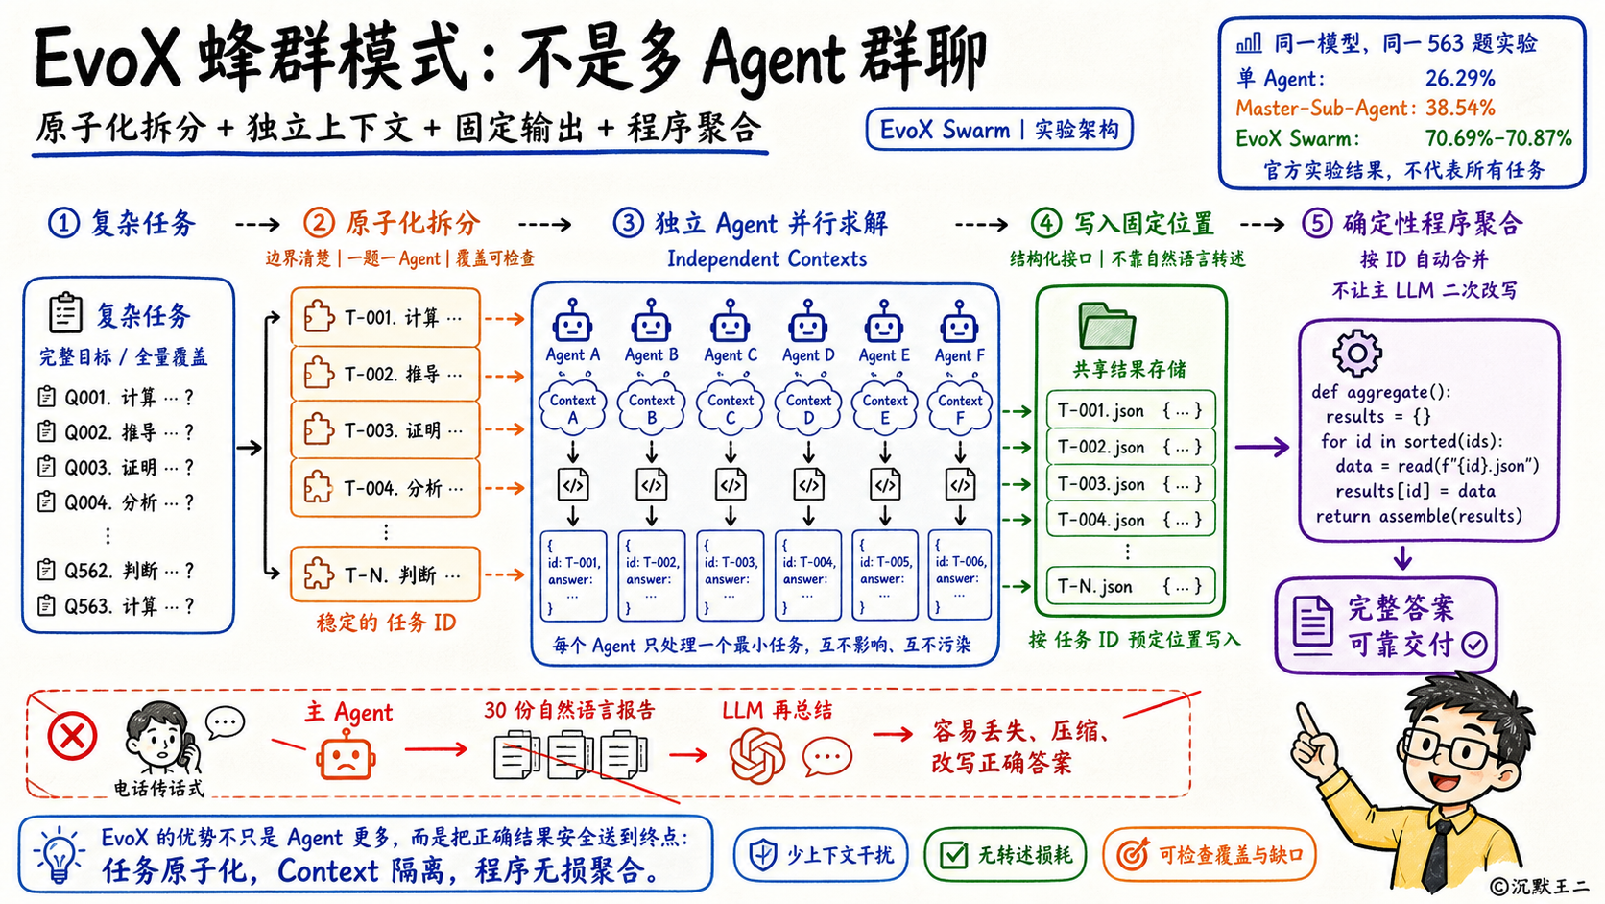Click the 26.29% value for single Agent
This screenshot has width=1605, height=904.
click(1459, 78)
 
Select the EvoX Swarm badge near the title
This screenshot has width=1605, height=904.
click(999, 130)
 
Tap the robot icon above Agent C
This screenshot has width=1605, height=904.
click(731, 320)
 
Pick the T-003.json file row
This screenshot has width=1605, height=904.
click(1131, 484)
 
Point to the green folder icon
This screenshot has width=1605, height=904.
click(1107, 327)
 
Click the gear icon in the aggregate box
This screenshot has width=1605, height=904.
click(1356, 354)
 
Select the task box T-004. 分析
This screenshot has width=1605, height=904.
click(386, 488)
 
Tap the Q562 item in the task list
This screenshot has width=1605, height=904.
click(115, 571)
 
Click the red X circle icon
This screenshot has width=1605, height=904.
click(72, 736)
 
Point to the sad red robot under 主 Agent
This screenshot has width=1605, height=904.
click(347, 756)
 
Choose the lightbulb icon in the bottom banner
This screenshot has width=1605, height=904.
click(59, 855)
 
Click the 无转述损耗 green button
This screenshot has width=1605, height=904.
click(1004, 855)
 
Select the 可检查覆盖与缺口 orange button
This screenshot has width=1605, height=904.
click(1209, 855)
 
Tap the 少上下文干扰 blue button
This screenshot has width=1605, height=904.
click(821, 855)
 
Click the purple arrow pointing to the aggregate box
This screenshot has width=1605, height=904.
click(1262, 448)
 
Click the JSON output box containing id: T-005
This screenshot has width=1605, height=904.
click(885, 574)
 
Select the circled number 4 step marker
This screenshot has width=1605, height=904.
click(1046, 223)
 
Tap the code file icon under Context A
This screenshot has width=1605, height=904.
click(573, 484)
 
